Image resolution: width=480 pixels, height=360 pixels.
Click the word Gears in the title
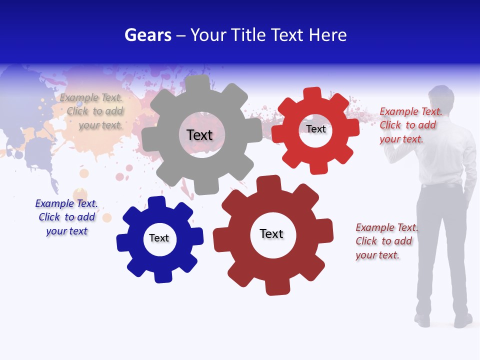point(147,35)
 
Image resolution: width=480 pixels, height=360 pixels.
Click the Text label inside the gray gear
point(199,135)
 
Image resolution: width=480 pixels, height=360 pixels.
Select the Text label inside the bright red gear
point(315,129)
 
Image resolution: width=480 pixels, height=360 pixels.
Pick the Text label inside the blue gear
point(159,238)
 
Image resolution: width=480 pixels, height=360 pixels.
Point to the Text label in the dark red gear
point(271,233)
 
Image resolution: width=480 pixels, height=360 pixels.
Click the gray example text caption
point(92,111)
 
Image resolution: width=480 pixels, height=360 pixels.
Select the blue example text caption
point(66,217)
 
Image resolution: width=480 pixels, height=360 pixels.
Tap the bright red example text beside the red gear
point(410,125)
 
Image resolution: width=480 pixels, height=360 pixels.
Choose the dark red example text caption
point(386,241)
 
